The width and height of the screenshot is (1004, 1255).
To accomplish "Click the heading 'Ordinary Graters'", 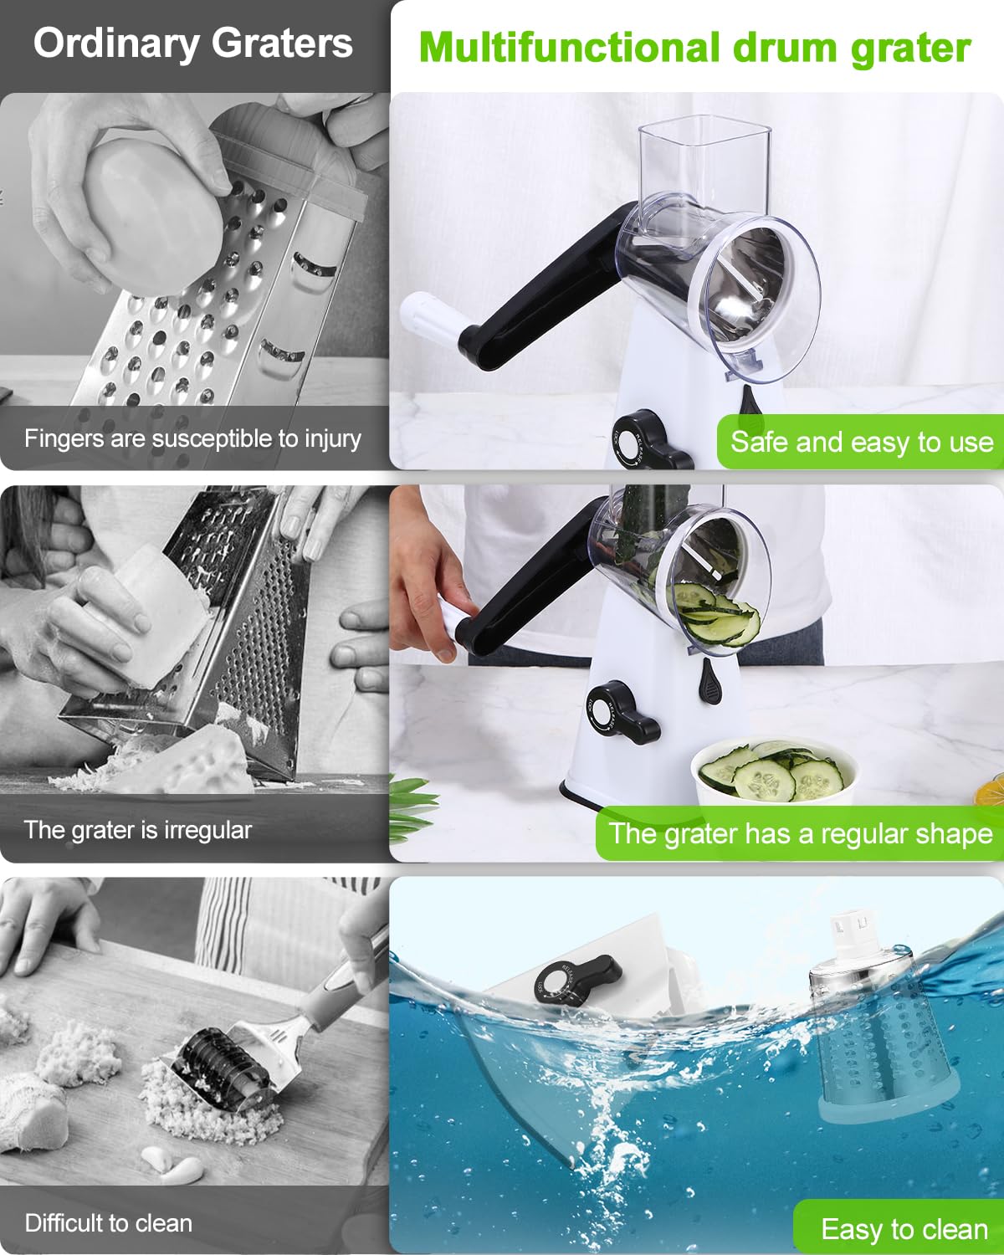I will coord(193,44).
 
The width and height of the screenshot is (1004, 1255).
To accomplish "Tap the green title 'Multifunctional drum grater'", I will coord(694,48).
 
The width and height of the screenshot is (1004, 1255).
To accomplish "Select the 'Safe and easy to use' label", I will coord(861,441).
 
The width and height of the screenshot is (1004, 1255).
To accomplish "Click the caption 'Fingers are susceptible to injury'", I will coord(192,438).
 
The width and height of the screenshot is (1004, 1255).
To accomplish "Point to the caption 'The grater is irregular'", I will coord(138,830).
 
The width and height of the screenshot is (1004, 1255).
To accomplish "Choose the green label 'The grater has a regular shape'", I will coord(800,833).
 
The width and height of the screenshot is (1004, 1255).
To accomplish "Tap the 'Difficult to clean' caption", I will coord(109,1223).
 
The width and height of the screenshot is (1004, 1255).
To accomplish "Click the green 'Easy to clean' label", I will coord(904,1229).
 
